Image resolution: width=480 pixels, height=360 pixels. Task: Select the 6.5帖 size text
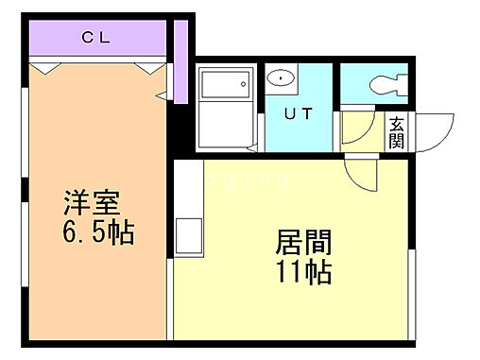click(97, 231)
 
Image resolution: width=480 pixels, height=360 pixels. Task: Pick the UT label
click(298, 114)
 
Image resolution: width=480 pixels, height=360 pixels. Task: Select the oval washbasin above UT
click(280, 78)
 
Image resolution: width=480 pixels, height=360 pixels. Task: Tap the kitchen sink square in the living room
click(186, 233)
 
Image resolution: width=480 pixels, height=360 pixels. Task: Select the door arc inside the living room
click(360, 171)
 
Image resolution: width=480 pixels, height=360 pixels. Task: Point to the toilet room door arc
click(355, 129)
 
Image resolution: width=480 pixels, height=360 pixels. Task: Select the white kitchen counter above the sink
click(186, 188)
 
